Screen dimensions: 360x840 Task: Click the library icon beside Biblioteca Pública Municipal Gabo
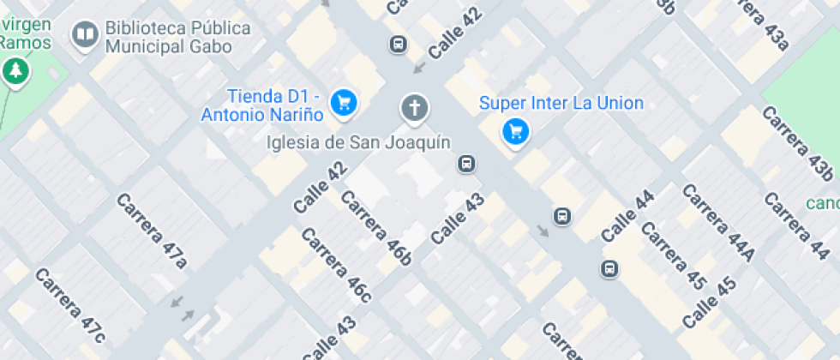pos(84,35)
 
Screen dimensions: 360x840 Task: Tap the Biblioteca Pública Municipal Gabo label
pos(178,37)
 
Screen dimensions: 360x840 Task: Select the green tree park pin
pos(15,72)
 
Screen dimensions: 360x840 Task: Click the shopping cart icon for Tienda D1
pos(345,102)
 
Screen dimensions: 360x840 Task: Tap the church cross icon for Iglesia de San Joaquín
pos(414,108)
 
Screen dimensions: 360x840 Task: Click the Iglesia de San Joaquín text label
pos(358,142)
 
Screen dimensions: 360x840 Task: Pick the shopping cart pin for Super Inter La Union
pos(514,131)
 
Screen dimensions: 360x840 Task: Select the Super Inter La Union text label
pos(561,104)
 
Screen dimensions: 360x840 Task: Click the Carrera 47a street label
pos(151,230)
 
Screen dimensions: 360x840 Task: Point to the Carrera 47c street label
pos(70,304)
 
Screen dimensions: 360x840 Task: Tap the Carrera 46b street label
pos(375,225)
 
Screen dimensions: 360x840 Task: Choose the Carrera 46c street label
pos(336,265)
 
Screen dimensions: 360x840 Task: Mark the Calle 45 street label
pos(710,303)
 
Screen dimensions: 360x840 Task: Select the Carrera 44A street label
pos(718,222)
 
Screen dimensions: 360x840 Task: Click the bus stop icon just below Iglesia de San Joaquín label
pos(466,164)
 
